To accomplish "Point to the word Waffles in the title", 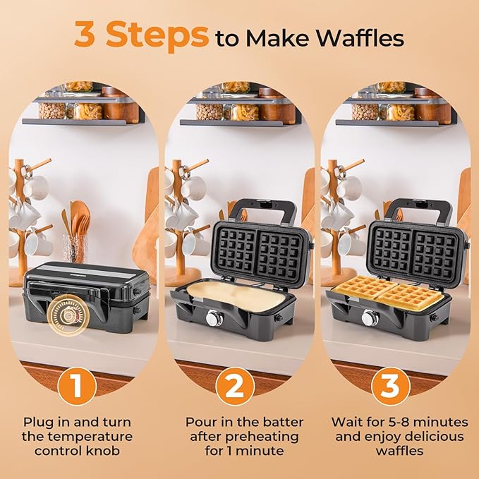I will (368, 39).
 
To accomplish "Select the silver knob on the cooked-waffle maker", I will (369, 318).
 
